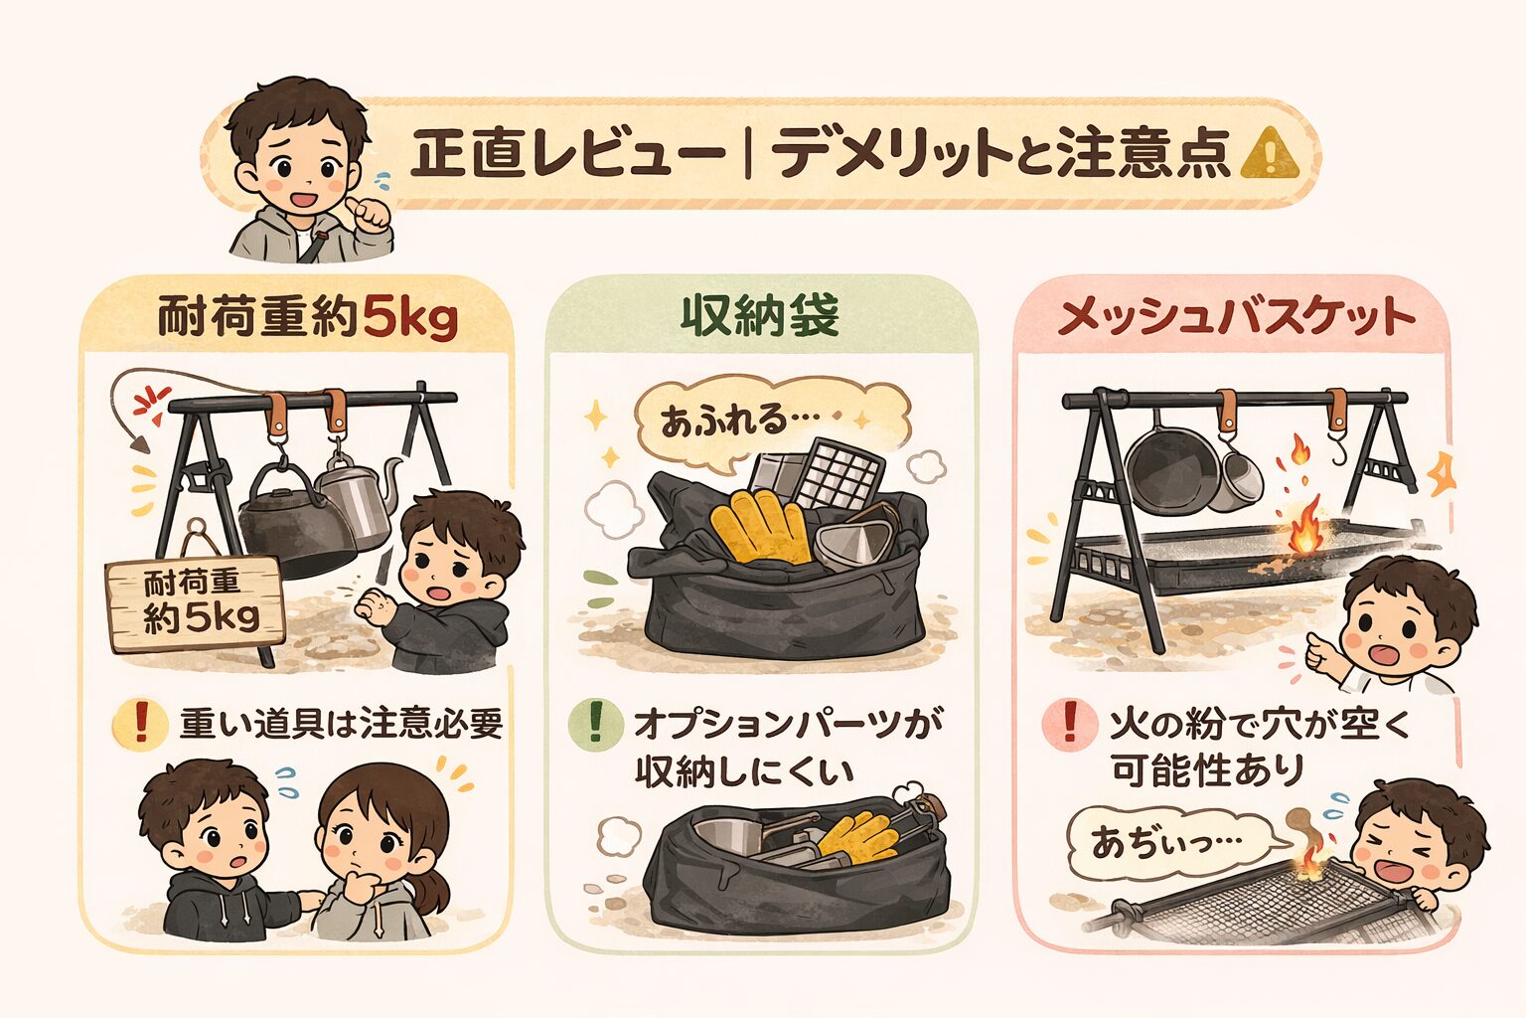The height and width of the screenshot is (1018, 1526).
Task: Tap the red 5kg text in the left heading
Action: click(x=409, y=319)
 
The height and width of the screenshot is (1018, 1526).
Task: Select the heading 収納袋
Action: click(x=760, y=316)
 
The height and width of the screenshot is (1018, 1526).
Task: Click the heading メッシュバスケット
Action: click(x=1236, y=316)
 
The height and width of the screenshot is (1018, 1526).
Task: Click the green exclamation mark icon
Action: click(x=594, y=723)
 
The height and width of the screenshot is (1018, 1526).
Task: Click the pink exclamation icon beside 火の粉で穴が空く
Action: click(x=1070, y=723)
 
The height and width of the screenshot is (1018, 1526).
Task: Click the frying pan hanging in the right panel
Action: click(x=1166, y=467)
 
